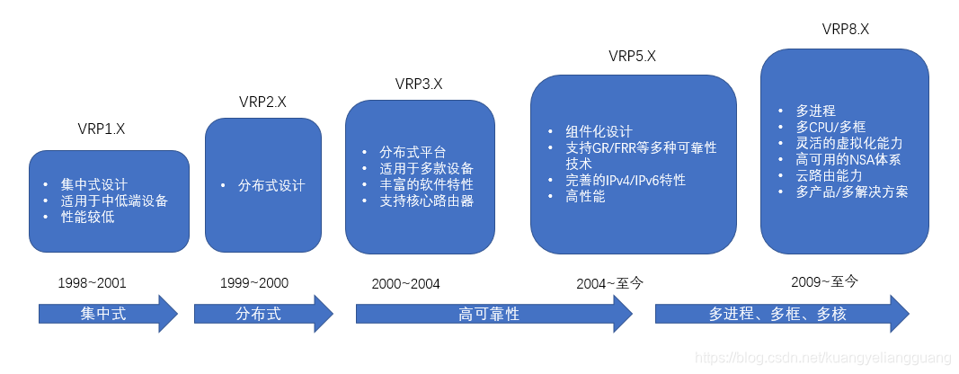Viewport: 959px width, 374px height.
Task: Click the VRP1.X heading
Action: coord(101,129)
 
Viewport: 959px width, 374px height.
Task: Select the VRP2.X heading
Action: coord(262,102)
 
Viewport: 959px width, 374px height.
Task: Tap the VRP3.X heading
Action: coord(419,84)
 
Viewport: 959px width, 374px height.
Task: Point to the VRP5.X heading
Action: coord(632,56)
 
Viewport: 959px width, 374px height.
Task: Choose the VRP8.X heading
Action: coord(845,29)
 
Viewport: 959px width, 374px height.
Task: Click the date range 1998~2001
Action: coord(93,283)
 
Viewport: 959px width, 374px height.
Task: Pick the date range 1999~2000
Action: coord(254,283)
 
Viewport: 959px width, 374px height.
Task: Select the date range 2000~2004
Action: coord(406,284)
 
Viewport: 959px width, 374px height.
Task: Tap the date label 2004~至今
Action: coord(610,283)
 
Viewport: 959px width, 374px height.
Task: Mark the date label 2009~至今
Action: coord(825,281)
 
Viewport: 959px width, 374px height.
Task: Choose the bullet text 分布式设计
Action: coord(271,186)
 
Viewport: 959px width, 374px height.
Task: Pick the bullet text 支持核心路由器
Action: coord(426,200)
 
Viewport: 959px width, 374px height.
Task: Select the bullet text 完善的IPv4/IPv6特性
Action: coord(626,180)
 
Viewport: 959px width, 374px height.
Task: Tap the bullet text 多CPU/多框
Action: coord(829,127)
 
